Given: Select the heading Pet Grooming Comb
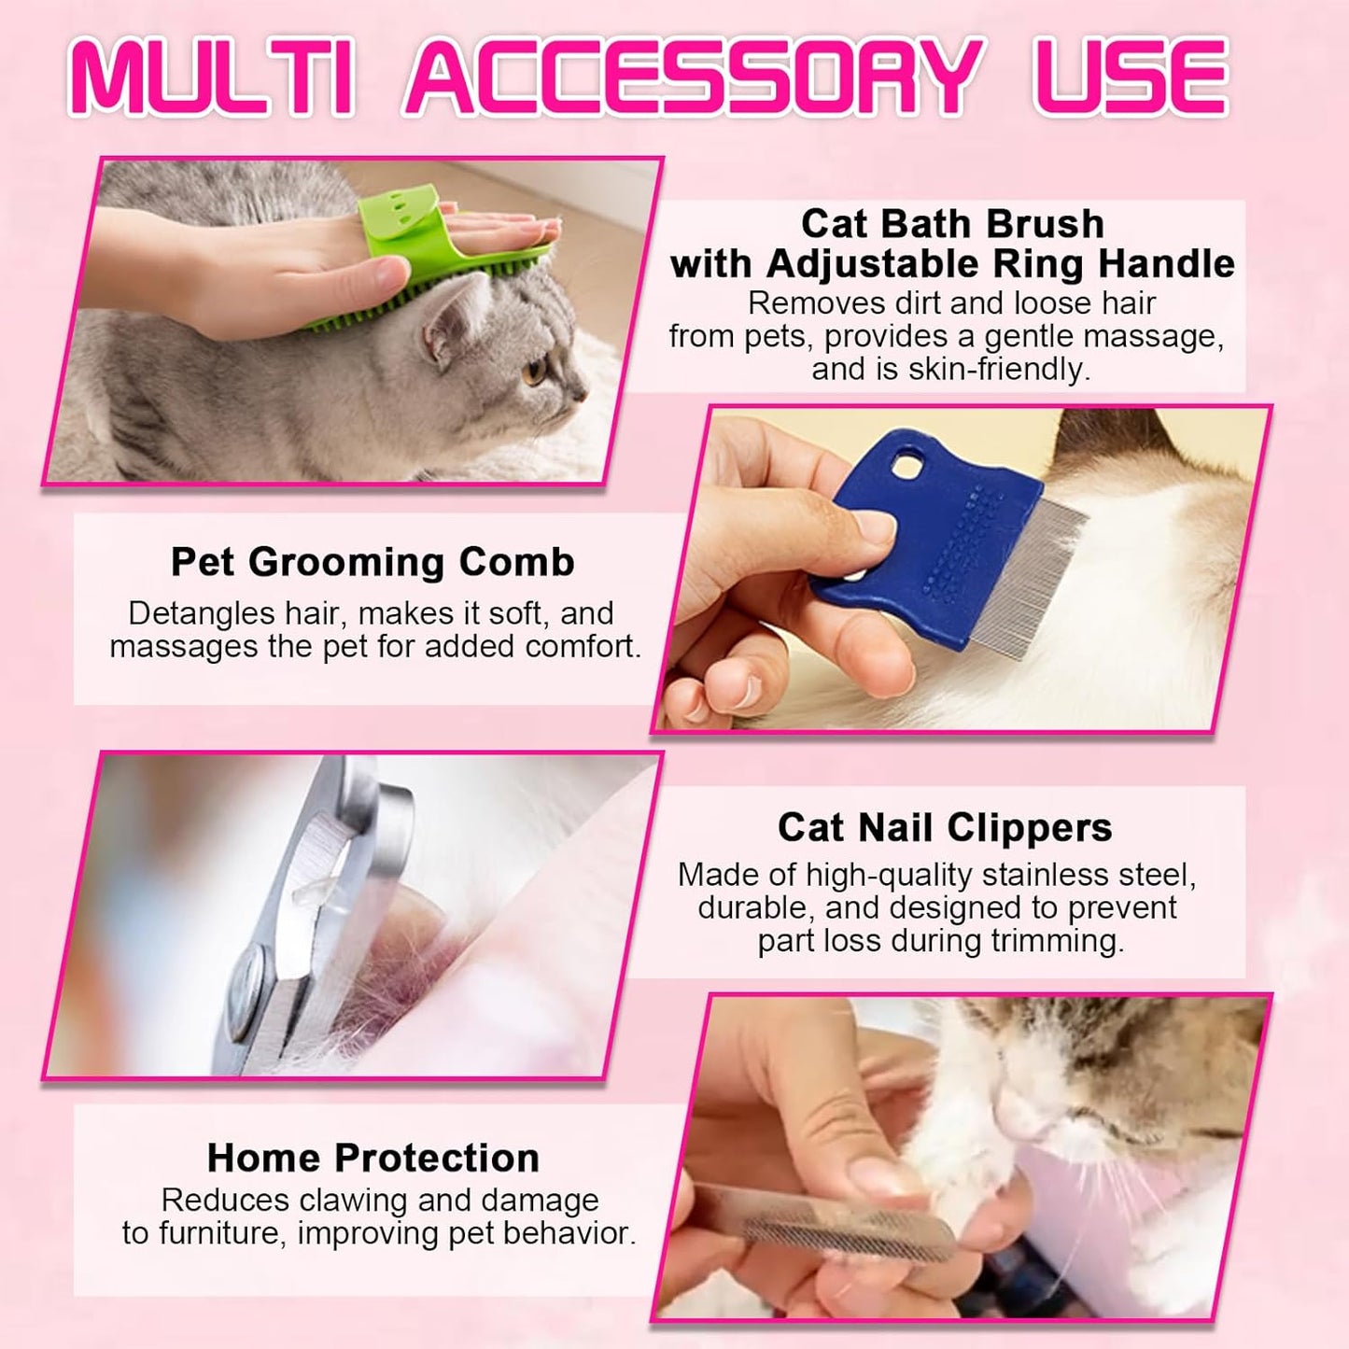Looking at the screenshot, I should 372,562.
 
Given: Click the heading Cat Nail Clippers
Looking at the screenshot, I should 945,827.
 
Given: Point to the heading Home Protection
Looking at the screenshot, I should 373,1158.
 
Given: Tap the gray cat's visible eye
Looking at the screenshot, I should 536,372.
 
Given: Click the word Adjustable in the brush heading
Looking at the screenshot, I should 874,264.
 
